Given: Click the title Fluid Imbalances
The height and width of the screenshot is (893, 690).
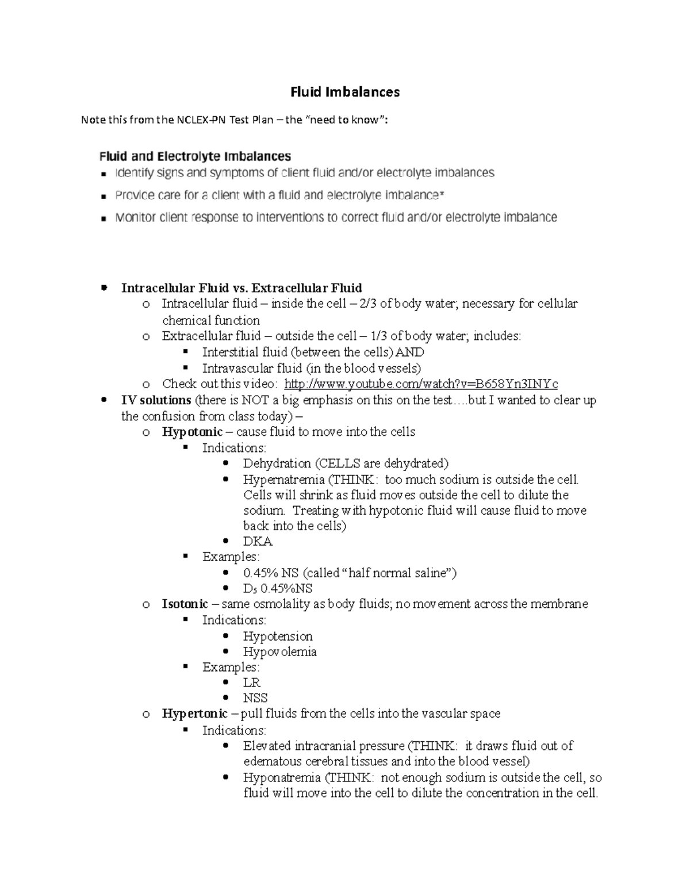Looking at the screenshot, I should click(344, 92).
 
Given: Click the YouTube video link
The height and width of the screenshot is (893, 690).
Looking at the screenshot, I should click(421, 384).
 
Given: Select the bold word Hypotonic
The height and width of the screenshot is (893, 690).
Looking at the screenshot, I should click(192, 432).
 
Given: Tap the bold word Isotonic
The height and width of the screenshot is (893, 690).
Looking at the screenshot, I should click(185, 604).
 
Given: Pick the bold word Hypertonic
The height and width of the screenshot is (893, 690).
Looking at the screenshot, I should click(195, 714).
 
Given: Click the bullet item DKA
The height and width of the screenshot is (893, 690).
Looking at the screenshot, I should click(258, 542).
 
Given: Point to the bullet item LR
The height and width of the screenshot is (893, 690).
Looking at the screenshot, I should click(252, 683).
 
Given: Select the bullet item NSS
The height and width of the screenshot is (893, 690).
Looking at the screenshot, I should click(255, 698).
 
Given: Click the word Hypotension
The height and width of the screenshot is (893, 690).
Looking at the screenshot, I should click(278, 636).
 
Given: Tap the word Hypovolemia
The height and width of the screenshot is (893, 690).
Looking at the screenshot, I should click(279, 651).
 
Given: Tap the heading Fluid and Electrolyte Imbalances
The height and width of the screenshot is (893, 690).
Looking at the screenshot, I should click(195, 156).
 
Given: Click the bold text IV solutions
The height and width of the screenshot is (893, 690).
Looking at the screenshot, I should click(156, 400).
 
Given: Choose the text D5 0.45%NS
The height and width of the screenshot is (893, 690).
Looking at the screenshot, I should click(278, 588).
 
